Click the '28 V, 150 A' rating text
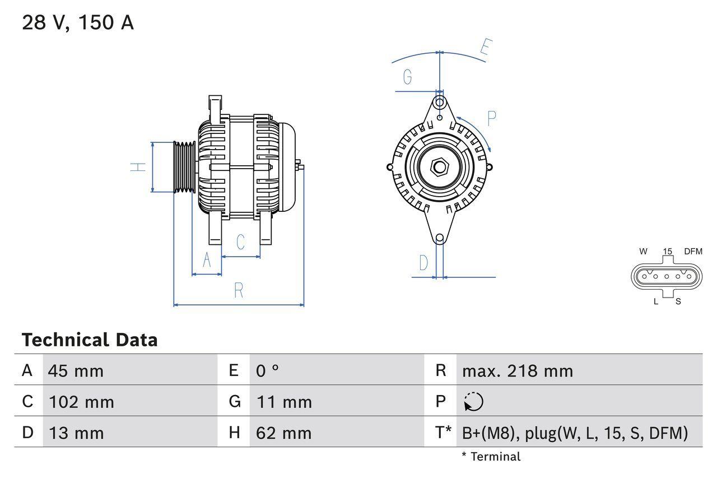click(78, 22)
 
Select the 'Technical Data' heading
click(90, 340)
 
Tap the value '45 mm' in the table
click(76, 371)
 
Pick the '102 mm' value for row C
click(81, 402)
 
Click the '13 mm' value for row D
click(76, 433)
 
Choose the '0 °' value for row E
click(268, 371)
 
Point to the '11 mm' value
click(284, 402)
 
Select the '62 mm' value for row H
click(284, 433)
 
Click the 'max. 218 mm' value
click(518, 371)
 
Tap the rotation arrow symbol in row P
click(473, 402)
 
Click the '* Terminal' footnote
click(491, 457)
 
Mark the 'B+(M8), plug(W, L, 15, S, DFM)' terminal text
click(575, 433)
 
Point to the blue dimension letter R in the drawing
click(239, 290)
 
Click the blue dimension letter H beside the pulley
click(138, 167)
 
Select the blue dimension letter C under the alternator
click(240, 242)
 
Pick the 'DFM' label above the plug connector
click(692, 252)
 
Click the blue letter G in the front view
click(407, 77)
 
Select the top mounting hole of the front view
click(440, 103)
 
